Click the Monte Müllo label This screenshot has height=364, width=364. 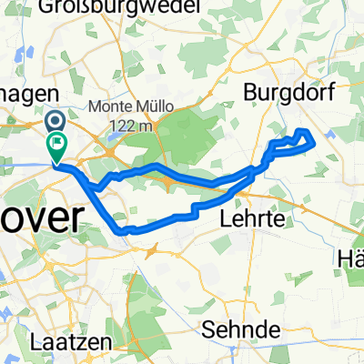pos(131,106)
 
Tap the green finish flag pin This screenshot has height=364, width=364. pos(60,143)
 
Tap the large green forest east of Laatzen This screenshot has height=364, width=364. pos(146,309)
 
